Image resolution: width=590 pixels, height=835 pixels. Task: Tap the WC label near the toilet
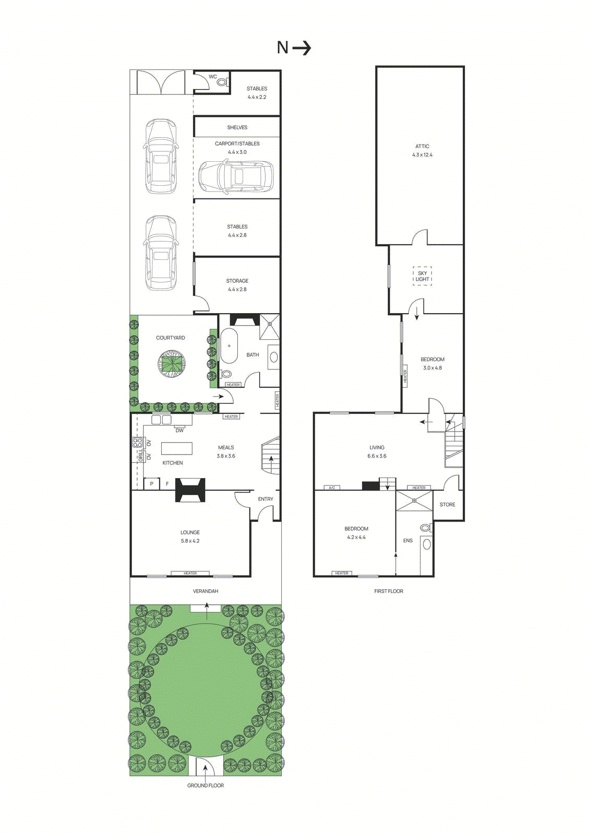pos(213,77)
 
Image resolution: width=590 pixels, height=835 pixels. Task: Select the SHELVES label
pos(237,127)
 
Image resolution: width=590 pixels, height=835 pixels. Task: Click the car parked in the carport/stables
pos(236,176)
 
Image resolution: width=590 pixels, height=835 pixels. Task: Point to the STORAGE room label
pos(237,281)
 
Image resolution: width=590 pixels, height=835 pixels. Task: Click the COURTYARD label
pos(171,338)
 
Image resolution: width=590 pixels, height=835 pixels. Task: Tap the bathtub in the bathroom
pos(229,346)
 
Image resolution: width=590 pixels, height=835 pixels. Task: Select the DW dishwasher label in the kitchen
pos(179,431)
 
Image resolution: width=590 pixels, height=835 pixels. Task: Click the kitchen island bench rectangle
pos(177,448)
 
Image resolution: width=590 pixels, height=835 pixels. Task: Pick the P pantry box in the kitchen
pos(152,484)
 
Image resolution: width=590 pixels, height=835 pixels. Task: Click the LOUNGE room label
pos(190,532)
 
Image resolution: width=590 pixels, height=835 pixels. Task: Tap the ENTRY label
pos(266,499)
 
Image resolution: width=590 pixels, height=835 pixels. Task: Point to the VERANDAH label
pos(206,591)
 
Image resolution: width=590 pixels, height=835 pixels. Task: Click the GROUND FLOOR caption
pos(206,785)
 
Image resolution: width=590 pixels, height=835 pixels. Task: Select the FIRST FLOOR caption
pos(389,591)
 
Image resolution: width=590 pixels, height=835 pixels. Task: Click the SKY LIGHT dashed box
pos(423,276)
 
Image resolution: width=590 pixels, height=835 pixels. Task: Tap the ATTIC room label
pos(423,147)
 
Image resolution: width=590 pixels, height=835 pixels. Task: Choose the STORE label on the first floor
pos(448,505)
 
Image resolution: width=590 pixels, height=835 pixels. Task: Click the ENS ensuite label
pos(408,541)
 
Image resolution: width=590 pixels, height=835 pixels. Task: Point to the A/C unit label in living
pos(332,488)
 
